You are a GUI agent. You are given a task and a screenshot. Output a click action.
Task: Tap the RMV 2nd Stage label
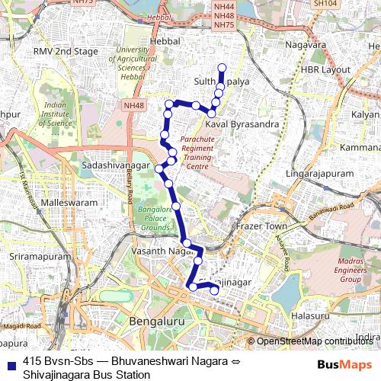pyautogui.click(x=66, y=52)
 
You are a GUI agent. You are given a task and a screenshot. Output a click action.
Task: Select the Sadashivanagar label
pyautogui.click(x=116, y=165)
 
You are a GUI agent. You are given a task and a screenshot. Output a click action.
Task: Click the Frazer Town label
pyautogui.click(x=260, y=226)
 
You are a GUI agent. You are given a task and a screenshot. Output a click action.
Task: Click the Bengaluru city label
pyautogui.click(x=158, y=323)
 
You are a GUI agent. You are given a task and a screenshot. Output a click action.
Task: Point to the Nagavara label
pyautogui.click(x=305, y=45)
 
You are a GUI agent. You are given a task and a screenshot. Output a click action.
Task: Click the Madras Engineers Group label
pyautogui.click(x=339, y=270)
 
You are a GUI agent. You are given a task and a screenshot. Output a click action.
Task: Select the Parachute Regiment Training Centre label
pyautogui.click(x=197, y=153)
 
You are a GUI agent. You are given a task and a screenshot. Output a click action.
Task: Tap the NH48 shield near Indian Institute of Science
pyautogui.click(x=132, y=105)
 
